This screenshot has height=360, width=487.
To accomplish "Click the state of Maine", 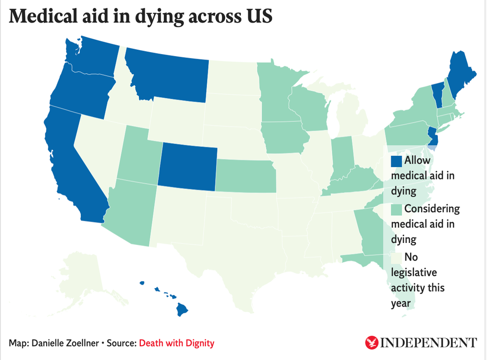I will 461,74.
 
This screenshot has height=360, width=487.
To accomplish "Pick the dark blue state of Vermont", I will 436,92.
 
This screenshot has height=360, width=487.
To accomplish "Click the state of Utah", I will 139,154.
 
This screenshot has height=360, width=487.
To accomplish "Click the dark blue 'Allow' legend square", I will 396,161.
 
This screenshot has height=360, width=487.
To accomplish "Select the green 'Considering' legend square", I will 396,209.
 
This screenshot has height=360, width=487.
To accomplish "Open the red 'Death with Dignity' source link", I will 177,343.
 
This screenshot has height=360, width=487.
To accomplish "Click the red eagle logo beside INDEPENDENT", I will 371,342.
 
